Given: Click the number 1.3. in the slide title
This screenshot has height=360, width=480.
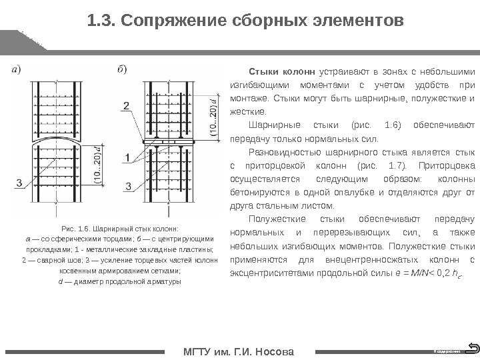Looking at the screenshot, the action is [x=101, y=22].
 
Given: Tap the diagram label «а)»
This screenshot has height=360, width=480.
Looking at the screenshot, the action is [x=17, y=69].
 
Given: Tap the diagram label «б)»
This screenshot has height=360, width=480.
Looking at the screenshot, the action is [x=123, y=69].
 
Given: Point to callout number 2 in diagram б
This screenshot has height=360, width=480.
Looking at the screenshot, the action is [x=127, y=105].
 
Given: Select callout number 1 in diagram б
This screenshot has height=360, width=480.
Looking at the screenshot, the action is [x=127, y=157].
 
